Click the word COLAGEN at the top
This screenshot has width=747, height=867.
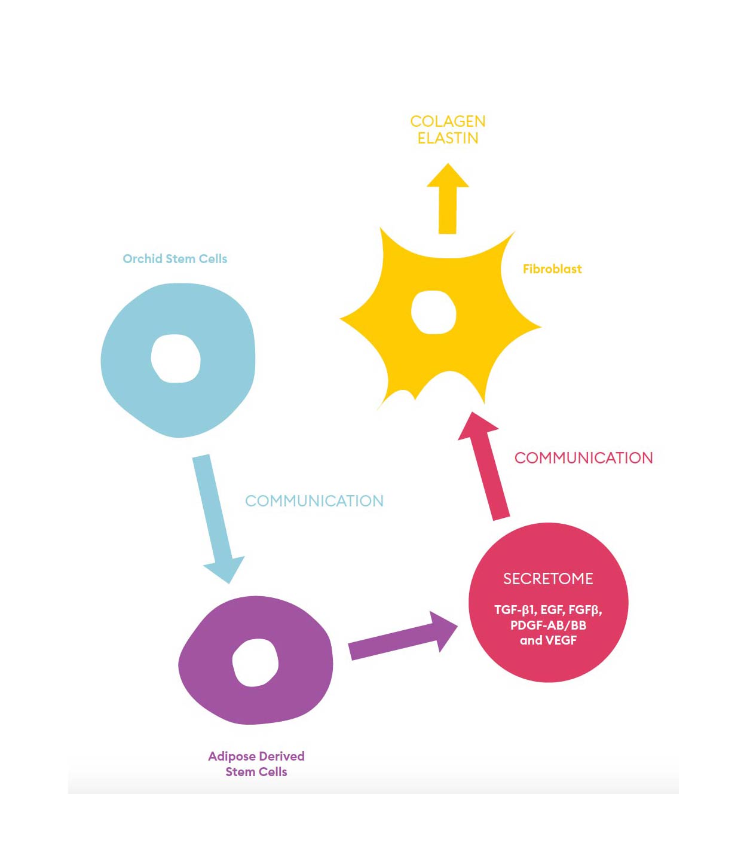[x=448, y=121]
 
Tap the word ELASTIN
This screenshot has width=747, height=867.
[x=448, y=138]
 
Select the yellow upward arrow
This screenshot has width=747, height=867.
[x=448, y=200]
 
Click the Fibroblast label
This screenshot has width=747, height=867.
[x=552, y=269]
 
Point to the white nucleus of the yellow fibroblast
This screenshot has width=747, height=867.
[x=434, y=312]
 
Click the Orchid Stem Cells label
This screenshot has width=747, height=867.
[x=174, y=259]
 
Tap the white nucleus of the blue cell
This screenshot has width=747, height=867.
[x=176, y=358]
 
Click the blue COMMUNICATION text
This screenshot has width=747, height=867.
[x=314, y=501]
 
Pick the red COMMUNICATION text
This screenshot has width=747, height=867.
[x=583, y=458]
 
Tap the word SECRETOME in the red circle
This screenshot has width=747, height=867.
[x=548, y=579]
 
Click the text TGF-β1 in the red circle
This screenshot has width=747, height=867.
[x=514, y=610]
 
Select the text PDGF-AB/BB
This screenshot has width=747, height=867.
[x=548, y=625]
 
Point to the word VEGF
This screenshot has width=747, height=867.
[x=561, y=640]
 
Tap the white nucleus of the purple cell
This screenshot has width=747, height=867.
[x=255, y=663]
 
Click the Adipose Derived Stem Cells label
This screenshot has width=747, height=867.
[x=256, y=764]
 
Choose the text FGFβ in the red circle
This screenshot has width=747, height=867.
[x=584, y=610]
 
